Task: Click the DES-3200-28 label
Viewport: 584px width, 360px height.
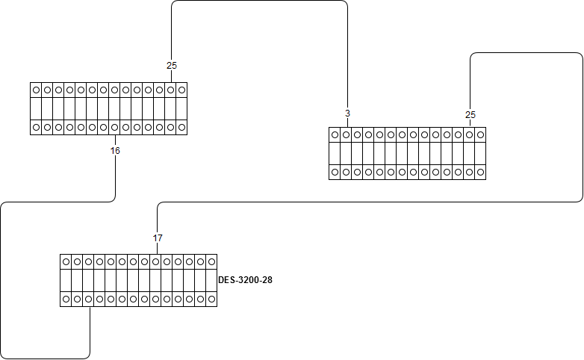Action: tap(245, 280)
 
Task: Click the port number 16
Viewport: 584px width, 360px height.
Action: tap(115, 151)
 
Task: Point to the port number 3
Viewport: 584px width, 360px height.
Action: tap(347, 114)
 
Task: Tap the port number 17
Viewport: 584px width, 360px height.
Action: tap(158, 238)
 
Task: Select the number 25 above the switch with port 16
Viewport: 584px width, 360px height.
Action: tap(172, 66)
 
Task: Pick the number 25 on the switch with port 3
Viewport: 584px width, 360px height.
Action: tap(470, 115)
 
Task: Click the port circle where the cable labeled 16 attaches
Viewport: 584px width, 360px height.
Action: tap(114, 128)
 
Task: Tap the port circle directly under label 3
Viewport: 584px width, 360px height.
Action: tap(346, 135)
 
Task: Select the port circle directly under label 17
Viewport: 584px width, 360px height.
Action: tap(155, 261)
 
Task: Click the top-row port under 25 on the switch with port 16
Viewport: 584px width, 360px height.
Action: tap(170, 90)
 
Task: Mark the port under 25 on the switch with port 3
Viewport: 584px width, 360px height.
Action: tap(469, 135)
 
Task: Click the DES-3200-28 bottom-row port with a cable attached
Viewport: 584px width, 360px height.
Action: tap(88, 299)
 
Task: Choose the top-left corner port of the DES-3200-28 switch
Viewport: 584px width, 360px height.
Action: tap(66, 261)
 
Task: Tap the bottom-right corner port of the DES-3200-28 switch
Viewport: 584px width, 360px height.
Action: tap(211, 299)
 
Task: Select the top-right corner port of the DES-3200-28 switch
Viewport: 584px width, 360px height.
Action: tap(211, 261)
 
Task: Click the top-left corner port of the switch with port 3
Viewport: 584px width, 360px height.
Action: tap(335, 135)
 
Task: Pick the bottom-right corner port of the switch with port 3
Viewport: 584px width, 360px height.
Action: tap(480, 173)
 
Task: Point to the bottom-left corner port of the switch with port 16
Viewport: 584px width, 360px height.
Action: tap(36, 128)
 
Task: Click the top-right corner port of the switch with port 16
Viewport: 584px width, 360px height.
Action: tap(181, 90)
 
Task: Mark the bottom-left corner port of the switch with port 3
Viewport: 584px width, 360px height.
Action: tap(335, 173)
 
